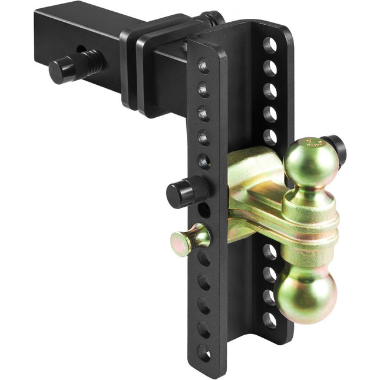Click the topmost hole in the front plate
(x=203, y=65)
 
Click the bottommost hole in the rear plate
(x=269, y=320)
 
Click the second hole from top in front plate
(x=203, y=90)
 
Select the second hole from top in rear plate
(x=270, y=68)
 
